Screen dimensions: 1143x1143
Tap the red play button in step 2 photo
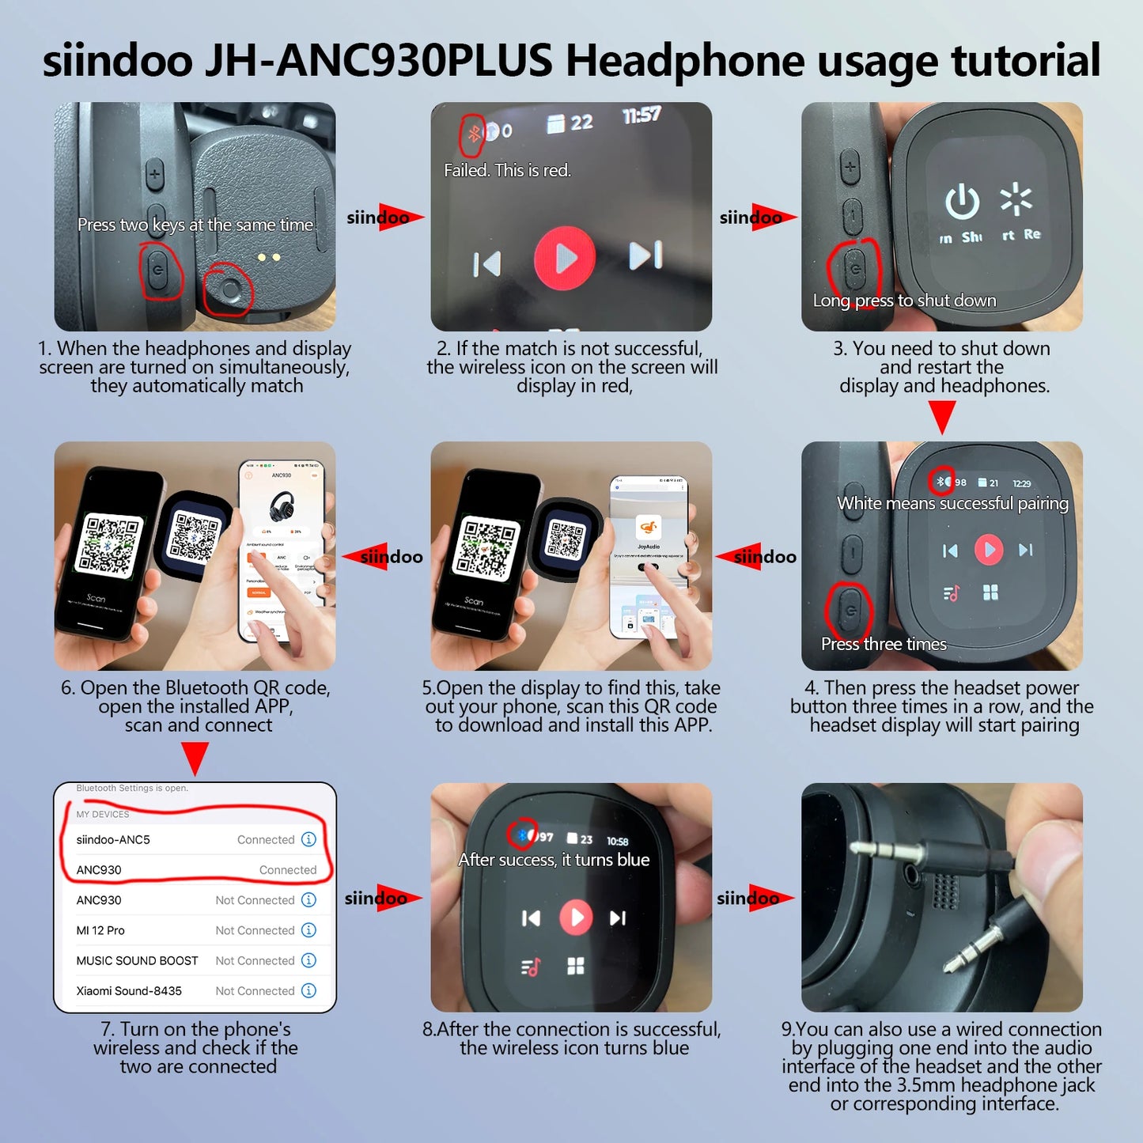(x=565, y=257)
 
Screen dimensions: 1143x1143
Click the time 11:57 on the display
(x=642, y=116)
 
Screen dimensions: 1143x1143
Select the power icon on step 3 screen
(x=962, y=202)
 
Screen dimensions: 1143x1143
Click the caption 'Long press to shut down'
(x=904, y=301)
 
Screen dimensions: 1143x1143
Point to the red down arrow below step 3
(x=941, y=416)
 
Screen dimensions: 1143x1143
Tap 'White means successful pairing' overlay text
(x=952, y=504)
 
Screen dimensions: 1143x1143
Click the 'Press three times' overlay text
(x=884, y=644)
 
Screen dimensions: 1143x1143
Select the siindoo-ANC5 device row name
(x=113, y=839)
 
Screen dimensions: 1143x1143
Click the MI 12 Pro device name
(x=100, y=930)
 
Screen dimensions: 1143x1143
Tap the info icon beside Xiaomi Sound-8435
(x=309, y=990)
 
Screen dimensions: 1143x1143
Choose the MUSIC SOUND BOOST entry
(x=137, y=960)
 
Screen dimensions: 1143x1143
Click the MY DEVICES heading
(x=103, y=814)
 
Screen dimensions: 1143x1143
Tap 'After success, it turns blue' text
(x=554, y=860)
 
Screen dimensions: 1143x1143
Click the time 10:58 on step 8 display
(x=617, y=842)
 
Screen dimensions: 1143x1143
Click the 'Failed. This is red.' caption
(x=507, y=170)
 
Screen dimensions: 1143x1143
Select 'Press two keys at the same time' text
(x=195, y=225)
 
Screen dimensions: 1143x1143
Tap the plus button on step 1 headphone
(x=154, y=174)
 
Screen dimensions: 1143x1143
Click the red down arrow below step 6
(x=195, y=758)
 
